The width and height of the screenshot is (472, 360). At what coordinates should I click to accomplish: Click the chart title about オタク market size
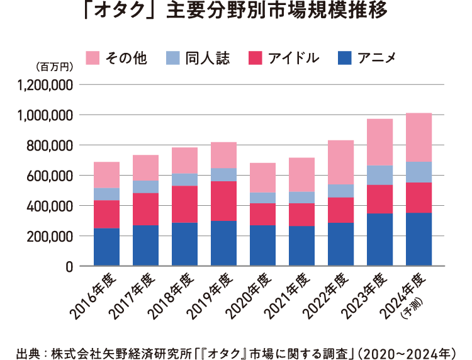pos(235,13)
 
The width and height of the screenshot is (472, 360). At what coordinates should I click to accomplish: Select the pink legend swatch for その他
pos(93,58)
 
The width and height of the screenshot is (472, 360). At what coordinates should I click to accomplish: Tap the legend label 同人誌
pos(207,58)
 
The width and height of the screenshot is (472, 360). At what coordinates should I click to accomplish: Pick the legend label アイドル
pos(293,58)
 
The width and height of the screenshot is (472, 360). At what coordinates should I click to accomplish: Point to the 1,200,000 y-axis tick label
pos(47,85)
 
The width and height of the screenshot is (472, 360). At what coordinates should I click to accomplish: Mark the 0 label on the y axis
pos(70,266)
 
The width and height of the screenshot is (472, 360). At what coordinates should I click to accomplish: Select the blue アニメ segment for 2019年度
pos(223,243)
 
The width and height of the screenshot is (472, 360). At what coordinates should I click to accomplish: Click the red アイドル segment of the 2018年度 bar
pos(184,204)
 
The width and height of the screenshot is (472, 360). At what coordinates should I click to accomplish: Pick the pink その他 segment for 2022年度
pos(340,162)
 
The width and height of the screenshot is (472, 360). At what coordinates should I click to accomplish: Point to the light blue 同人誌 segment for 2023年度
pos(379,175)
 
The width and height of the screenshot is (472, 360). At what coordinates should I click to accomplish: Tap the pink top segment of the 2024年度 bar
pos(419,137)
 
